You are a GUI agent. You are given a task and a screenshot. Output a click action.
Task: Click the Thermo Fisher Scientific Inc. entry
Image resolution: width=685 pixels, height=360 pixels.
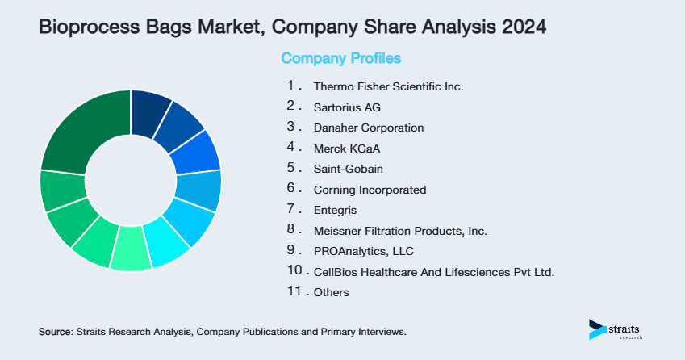pyautogui.click(x=388, y=86)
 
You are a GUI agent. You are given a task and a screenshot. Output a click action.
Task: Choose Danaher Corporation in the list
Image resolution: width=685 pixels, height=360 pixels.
pyautogui.click(x=369, y=128)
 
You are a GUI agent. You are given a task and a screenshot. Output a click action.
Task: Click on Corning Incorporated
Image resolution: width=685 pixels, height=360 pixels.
pyautogui.click(x=370, y=190)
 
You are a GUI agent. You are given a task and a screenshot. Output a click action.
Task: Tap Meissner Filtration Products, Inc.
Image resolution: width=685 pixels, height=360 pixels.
pyautogui.click(x=400, y=231)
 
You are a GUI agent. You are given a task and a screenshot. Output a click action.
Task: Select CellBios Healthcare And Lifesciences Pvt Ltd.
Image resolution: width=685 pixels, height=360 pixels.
pyautogui.click(x=434, y=272)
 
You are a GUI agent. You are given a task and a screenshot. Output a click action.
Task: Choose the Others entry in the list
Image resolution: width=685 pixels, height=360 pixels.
pyautogui.click(x=332, y=292)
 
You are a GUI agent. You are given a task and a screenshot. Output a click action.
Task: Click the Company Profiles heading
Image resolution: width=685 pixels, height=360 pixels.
pyautogui.click(x=340, y=58)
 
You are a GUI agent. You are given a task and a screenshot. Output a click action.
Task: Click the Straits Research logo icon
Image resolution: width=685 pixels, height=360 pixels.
pyautogui.click(x=597, y=329)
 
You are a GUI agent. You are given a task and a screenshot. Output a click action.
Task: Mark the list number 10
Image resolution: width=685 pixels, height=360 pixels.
pyautogui.click(x=294, y=271)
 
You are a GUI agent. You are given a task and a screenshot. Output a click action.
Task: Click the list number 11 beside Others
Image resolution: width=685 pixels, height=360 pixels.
pyautogui.click(x=294, y=292)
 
